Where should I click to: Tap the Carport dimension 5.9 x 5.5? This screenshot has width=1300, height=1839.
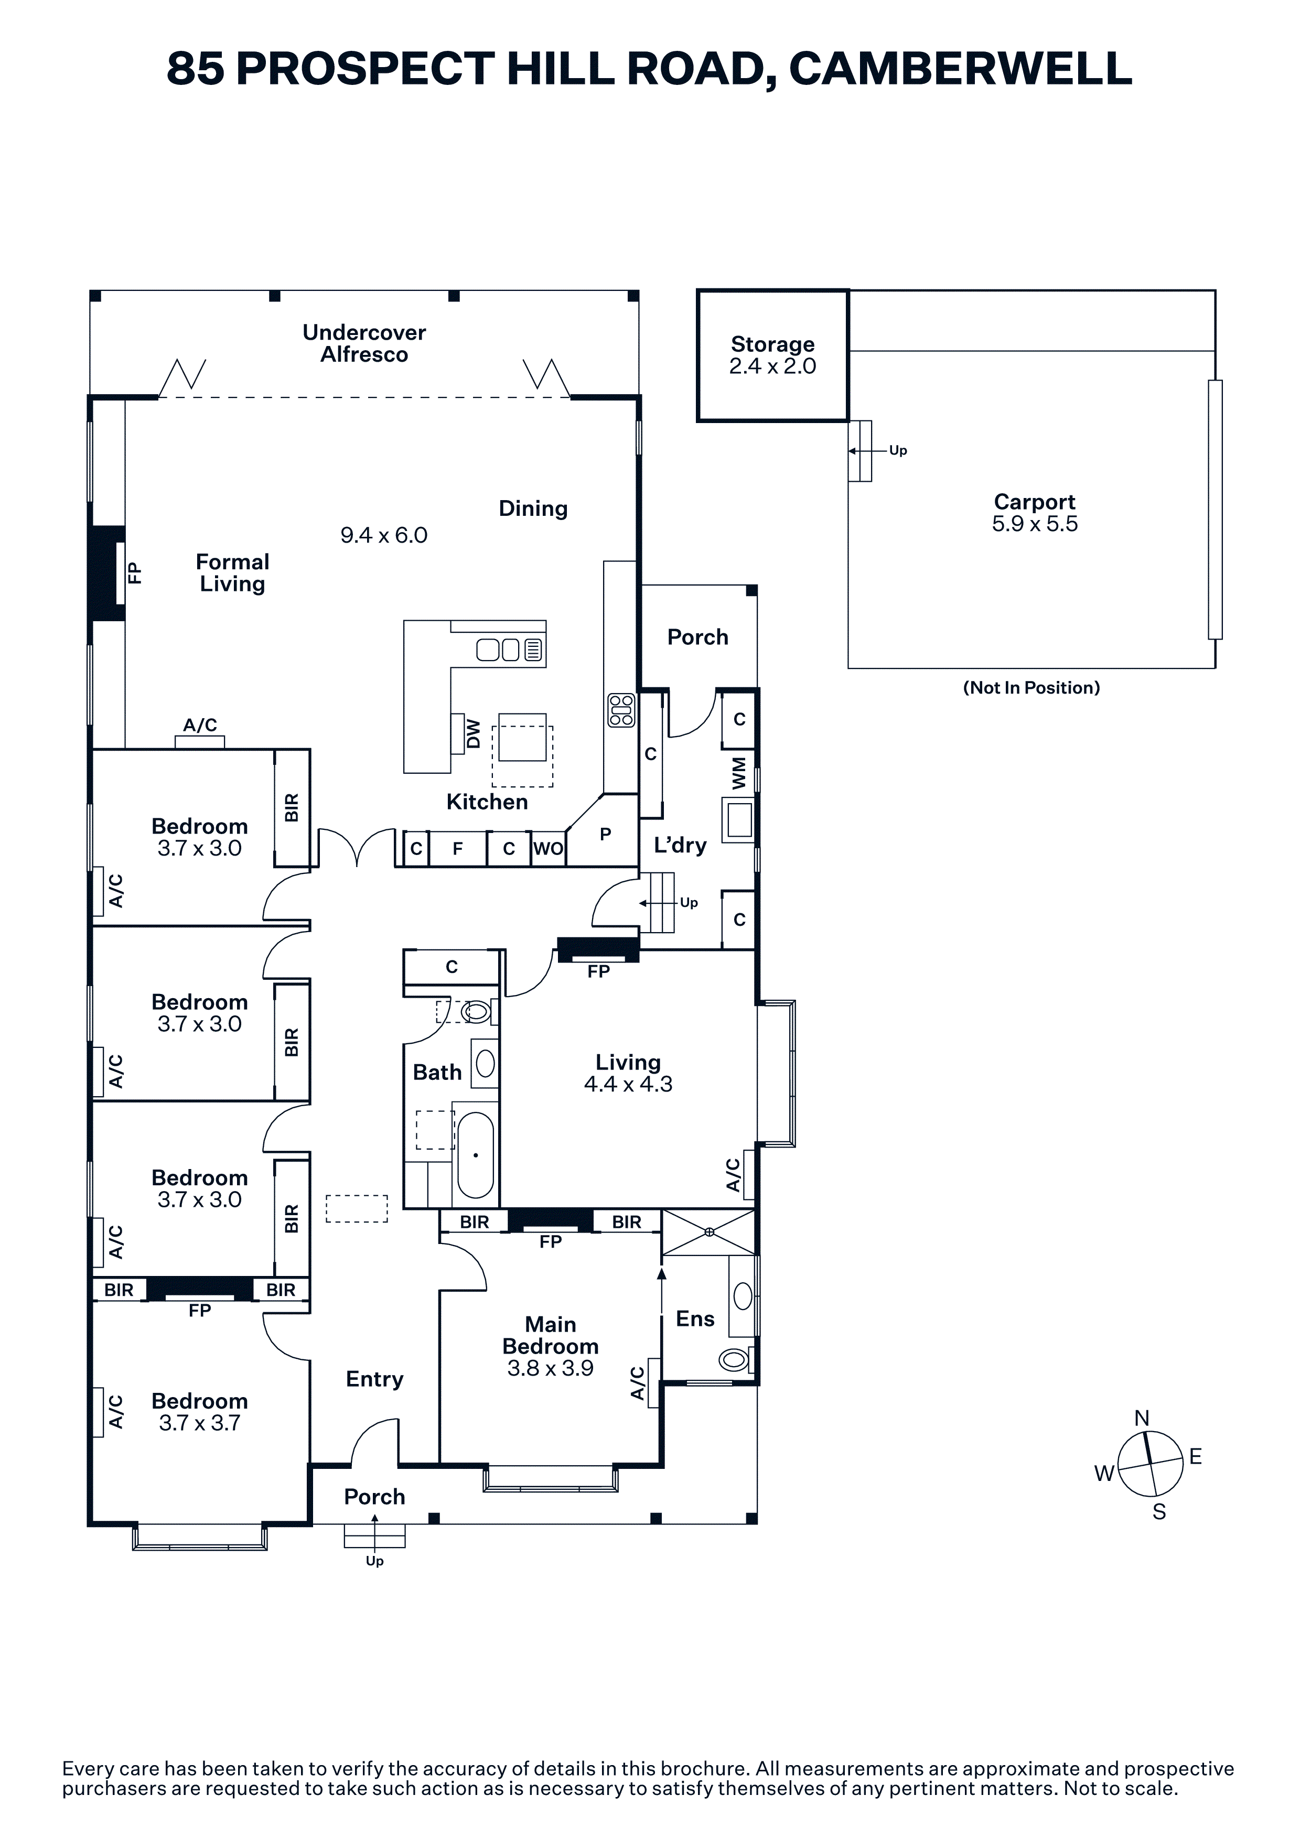coord(1034,525)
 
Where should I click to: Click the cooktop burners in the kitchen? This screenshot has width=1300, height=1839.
coord(621,710)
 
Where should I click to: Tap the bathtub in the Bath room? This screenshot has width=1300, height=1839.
coord(476,1154)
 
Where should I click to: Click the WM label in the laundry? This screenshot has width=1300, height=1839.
coord(738,773)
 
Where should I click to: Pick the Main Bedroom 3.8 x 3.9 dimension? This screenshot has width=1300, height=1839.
coord(550,1368)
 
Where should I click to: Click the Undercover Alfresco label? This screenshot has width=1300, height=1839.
coord(364,343)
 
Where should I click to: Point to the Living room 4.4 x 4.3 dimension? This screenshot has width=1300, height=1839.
coord(628,1085)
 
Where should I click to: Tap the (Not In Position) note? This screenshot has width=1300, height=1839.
coord(1032,687)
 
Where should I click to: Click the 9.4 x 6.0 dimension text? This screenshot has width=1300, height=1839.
coord(384,535)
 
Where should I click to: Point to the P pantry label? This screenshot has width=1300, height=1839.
coord(606,834)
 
